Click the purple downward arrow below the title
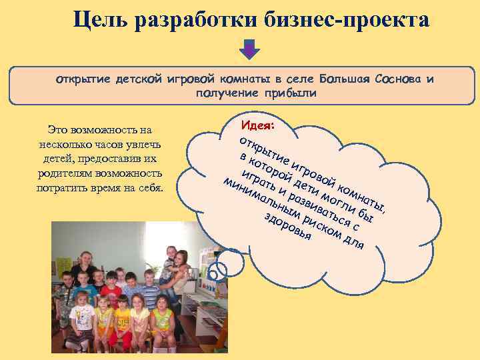pos(249,49)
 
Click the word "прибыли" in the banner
pos(289,93)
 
